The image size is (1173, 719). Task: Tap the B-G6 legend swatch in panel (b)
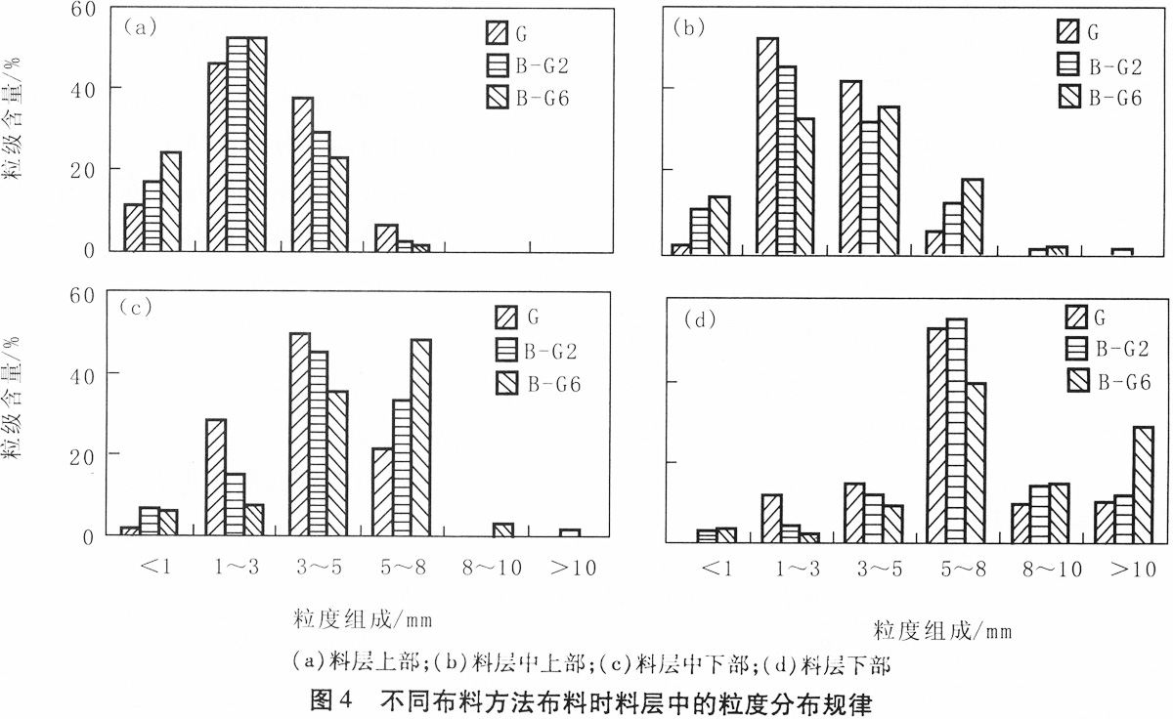coord(1068,96)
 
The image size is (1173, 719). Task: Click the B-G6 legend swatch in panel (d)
coord(1076,379)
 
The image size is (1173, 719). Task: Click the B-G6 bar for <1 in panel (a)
coord(171,201)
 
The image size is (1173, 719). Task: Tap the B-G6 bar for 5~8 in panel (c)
coord(421,437)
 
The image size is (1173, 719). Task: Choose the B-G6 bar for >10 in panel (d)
coord(1142,483)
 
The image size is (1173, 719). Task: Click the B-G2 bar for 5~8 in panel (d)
coord(956,429)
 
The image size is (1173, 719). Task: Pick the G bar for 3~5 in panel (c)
coord(300,434)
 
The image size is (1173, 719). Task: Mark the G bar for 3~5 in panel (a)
coord(302,174)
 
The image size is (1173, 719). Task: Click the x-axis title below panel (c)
coord(362,619)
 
